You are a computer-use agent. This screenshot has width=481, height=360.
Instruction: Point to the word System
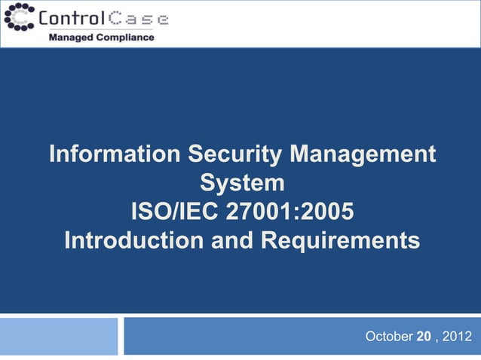pos(242,184)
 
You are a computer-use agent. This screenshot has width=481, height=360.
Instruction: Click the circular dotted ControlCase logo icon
pos(18,17)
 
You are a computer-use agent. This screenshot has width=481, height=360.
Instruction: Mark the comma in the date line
pos(437,337)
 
